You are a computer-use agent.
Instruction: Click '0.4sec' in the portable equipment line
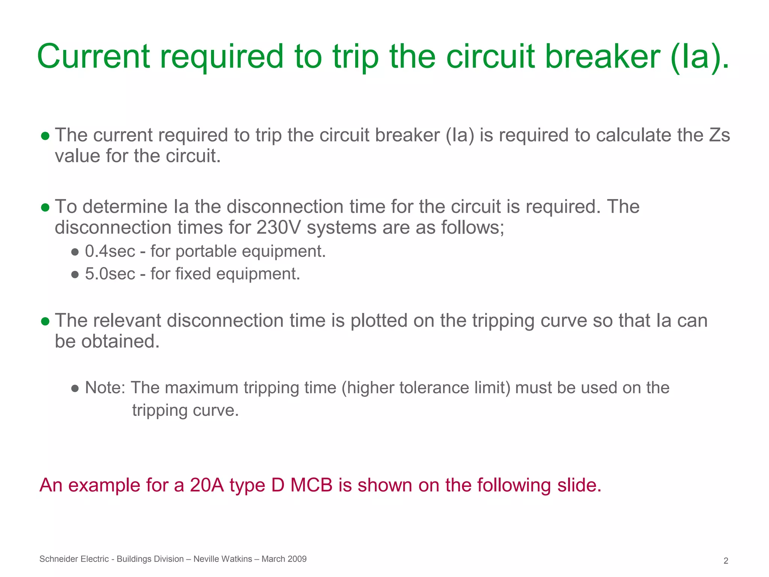point(110,251)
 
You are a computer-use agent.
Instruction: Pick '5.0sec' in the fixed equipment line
point(110,274)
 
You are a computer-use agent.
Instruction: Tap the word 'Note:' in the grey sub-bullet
point(105,388)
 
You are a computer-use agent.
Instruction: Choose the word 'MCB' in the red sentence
point(311,485)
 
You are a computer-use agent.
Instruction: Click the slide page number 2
point(726,561)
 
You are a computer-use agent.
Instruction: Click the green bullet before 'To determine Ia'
point(45,207)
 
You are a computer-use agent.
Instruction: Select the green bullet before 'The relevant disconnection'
point(45,321)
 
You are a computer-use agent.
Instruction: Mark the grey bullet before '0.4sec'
point(75,252)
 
